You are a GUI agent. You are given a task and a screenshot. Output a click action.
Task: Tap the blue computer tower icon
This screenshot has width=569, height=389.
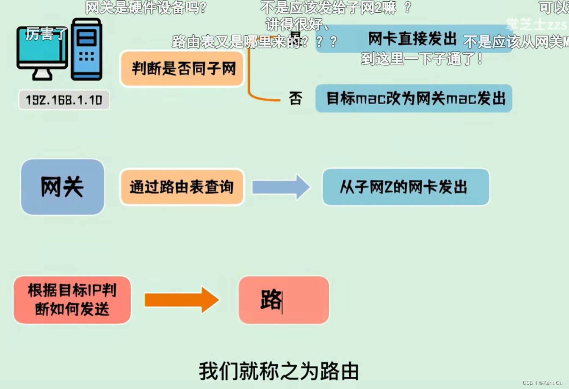[x=87, y=49]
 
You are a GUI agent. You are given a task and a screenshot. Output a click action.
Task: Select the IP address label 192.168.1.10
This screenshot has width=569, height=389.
[x=64, y=100]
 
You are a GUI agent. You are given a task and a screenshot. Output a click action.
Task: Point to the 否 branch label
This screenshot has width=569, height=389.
[x=296, y=98]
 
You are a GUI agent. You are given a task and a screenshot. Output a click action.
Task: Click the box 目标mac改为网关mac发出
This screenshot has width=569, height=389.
[x=414, y=98]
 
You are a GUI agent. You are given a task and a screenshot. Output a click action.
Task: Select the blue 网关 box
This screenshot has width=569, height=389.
[x=62, y=187]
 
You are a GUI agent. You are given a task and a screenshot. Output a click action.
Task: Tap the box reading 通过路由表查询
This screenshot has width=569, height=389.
[x=182, y=187]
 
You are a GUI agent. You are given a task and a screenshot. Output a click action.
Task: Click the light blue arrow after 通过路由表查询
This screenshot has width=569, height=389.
[x=281, y=187]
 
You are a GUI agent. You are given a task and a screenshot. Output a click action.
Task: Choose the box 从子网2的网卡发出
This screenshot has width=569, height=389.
[x=406, y=187]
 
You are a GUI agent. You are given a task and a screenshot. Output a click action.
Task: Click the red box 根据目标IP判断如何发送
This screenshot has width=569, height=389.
[x=72, y=300]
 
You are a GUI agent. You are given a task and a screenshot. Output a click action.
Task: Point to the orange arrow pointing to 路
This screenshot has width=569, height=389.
[x=182, y=300]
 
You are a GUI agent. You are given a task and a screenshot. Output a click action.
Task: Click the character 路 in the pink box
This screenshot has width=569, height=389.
[x=271, y=300]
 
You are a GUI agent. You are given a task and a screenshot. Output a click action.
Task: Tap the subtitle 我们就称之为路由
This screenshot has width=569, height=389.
[x=279, y=371]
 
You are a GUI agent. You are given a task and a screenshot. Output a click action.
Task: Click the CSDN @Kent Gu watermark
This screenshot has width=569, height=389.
[x=543, y=383]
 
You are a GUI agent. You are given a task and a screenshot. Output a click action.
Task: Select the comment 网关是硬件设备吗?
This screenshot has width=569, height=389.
[x=146, y=7]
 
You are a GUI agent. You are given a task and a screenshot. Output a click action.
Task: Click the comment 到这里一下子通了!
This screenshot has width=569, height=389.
[x=422, y=58]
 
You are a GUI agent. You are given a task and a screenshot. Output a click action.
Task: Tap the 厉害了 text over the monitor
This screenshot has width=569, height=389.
[x=45, y=33]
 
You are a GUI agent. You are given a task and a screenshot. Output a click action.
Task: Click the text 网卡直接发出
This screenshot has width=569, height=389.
[x=412, y=39]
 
